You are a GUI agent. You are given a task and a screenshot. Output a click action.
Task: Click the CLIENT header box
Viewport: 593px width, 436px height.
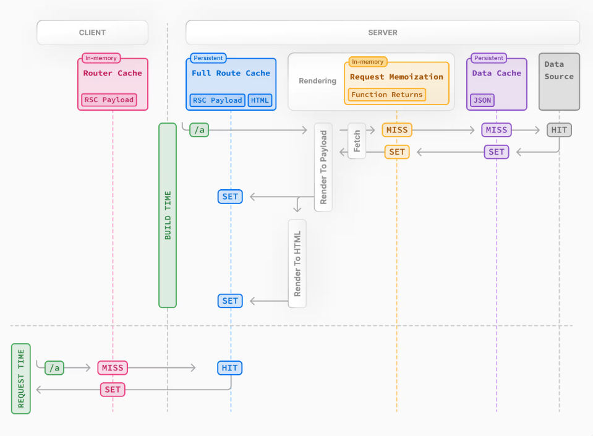[92, 33]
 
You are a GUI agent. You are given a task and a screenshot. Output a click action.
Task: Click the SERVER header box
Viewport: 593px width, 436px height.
[382, 33]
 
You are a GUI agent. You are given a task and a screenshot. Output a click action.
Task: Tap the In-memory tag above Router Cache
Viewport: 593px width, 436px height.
[101, 58]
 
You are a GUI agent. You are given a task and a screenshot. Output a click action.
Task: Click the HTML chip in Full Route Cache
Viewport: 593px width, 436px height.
[260, 100]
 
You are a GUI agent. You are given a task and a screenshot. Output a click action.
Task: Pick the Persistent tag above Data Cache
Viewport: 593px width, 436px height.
[488, 58]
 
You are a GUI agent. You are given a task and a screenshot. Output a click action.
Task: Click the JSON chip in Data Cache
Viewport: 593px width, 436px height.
[482, 100]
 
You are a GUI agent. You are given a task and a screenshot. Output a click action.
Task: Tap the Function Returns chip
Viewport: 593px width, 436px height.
[387, 95]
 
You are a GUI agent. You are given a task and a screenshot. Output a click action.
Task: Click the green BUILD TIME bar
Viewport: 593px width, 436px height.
[168, 215]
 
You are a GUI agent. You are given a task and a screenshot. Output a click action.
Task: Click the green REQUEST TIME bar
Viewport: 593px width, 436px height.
[20, 378]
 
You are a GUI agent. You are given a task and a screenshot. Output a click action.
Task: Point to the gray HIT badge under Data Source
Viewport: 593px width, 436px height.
[559, 130]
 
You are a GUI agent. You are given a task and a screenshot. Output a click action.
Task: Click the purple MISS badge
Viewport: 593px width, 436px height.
[496, 130]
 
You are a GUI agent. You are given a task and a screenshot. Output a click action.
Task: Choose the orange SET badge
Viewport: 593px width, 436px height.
[397, 152]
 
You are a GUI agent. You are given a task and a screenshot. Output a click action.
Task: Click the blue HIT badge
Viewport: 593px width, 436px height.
[230, 368]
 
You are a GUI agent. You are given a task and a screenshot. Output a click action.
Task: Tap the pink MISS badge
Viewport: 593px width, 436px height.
[113, 368]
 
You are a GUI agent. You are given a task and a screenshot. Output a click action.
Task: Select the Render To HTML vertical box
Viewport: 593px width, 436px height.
[297, 263]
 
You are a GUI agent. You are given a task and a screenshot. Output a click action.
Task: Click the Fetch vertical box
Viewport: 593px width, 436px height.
[357, 141]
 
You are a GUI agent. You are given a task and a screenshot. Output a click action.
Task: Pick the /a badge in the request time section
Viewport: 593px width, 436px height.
[54, 368]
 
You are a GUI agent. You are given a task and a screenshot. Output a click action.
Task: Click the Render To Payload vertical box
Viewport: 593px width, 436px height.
[323, 167]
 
